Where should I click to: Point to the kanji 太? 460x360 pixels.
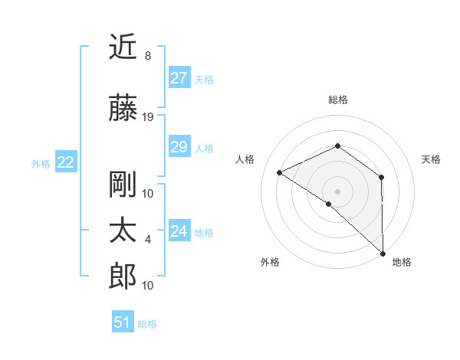pyautogui.click(x=124, y=231)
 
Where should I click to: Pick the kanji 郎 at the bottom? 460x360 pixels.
pyautogui.click(x=124, y=277)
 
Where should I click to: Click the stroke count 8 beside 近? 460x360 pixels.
pyautogui.click(x=147, y=56)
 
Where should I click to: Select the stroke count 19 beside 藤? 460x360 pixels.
pyautogui.click(x=149, y=117)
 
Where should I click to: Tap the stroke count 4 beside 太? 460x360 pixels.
pyautogui.click(x=148, y=240)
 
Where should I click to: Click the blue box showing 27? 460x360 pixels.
pyautogui.click(x=179, y=78)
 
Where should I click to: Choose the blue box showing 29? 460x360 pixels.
pyautogui.click(x=179, y=147)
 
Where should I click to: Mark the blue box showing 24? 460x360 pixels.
pyautogui.click(x=179, y=231)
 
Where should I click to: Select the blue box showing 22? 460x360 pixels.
pyautogui.click(x=66, y=162)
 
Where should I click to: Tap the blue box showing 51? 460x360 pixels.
pyautogui.click(x=123, y=322)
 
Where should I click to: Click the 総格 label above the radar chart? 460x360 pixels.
pyautogui.click(x=337, y=100)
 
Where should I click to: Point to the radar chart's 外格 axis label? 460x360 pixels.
pyautogui.click(x=270, y=262)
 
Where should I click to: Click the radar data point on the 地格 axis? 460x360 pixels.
pyautogui.click(x=383, y=253)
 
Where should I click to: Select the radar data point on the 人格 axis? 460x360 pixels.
pyautogui.click(x=280, y=172)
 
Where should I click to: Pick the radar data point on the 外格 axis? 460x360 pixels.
pyautogui.click(x=329, y=204)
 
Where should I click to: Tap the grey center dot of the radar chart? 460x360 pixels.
pyautogui.click(x=337, y=191)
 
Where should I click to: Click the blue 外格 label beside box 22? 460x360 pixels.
pyautogui.click(x=41, y=163)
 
